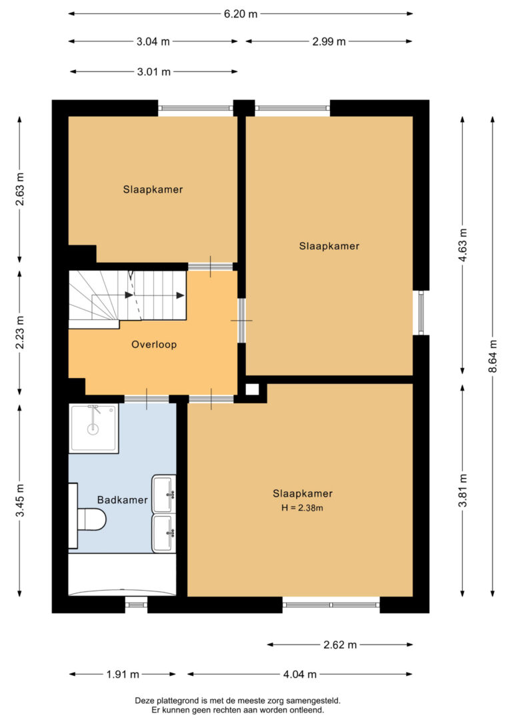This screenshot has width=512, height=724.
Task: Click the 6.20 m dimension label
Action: (241, 14)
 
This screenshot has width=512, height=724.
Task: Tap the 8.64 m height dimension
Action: (493, 356)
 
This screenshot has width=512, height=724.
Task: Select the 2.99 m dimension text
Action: (329, 41)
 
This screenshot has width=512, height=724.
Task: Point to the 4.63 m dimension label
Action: (463, 244)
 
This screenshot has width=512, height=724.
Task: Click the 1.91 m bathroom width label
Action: (123, 674)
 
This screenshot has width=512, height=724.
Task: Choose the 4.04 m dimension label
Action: (299, 674)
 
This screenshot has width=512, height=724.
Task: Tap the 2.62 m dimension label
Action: (340, 645)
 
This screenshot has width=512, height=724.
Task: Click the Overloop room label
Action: (154, 345)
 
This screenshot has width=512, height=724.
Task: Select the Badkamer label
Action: (123, 499)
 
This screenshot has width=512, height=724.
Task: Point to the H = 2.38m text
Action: (303, 508)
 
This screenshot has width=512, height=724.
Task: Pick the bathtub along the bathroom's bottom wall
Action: (123, 575)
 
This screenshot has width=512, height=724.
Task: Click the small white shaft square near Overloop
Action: (251, 389)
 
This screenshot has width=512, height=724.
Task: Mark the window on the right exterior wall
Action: (421, 313)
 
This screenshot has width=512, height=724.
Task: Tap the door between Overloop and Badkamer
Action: (147, 399)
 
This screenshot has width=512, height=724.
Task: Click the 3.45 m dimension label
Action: (19, 501)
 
